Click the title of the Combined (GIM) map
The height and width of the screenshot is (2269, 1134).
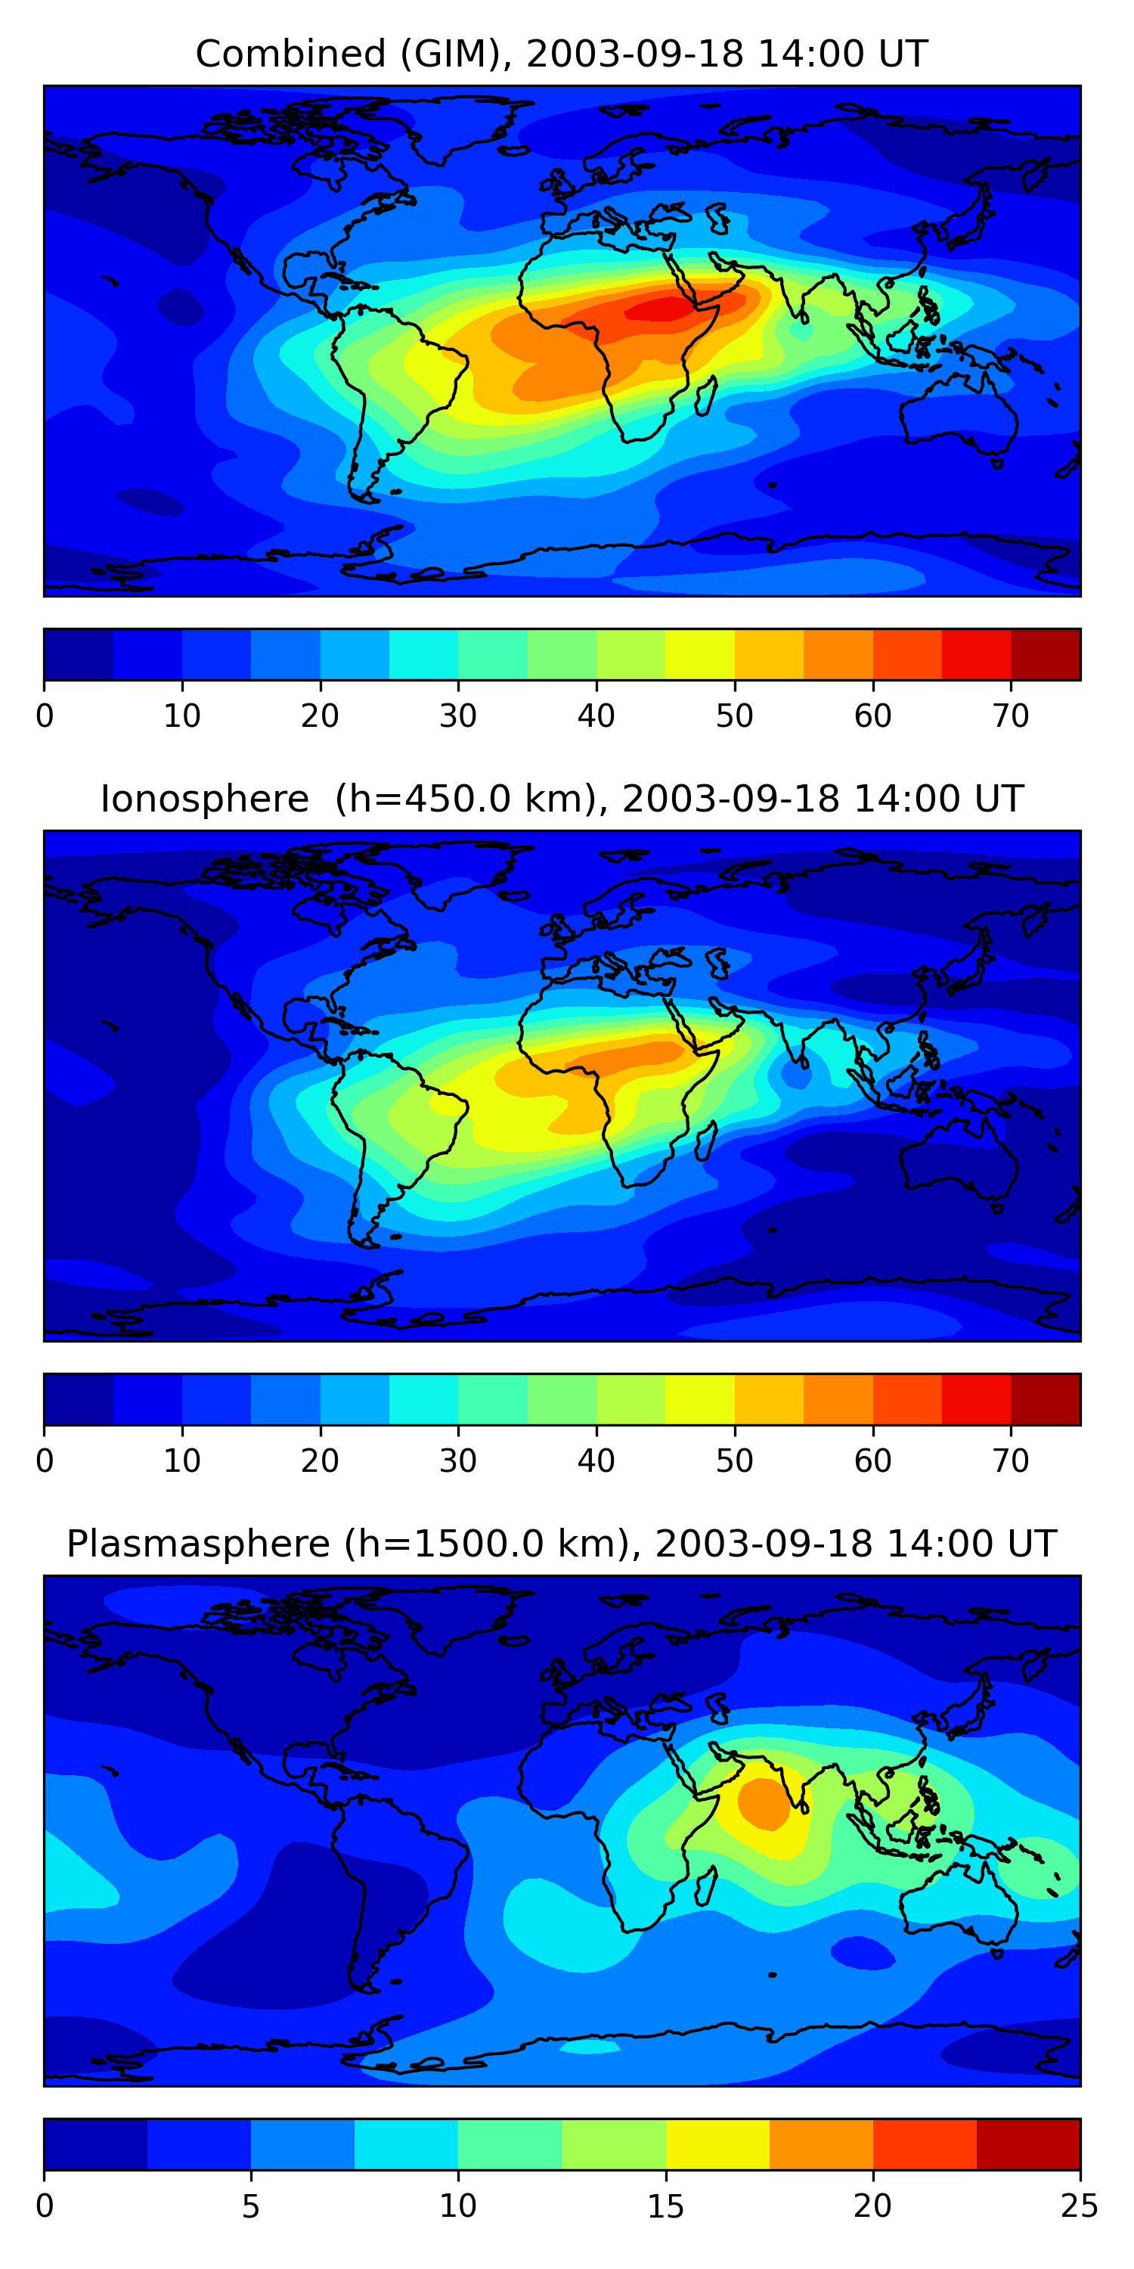click(561, 54)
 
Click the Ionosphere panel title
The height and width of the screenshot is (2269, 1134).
click(561, 799)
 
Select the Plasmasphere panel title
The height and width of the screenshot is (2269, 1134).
click(561, 1544)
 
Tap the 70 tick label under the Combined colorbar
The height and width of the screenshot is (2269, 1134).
click(1011, 716)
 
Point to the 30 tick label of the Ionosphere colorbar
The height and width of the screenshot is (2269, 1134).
click(458, 1461)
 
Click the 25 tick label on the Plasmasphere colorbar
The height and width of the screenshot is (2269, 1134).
click(1080, 2206)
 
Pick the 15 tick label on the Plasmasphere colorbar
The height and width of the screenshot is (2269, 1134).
click(665, 2206)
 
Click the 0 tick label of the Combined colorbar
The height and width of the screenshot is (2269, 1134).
click(45, 716)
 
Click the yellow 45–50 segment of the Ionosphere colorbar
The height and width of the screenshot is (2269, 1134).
click(700, 1400)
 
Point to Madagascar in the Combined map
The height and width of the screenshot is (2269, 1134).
click(705, 396)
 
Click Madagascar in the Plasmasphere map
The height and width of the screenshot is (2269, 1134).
click(705, 1887)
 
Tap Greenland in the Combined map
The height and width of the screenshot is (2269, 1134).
click(458, 128)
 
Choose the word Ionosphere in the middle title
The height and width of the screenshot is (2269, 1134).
click(204, 799)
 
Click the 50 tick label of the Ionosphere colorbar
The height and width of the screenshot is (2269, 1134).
click(734, 1461)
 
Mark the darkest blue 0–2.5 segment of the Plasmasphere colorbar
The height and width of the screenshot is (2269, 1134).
click(95, 2145)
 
